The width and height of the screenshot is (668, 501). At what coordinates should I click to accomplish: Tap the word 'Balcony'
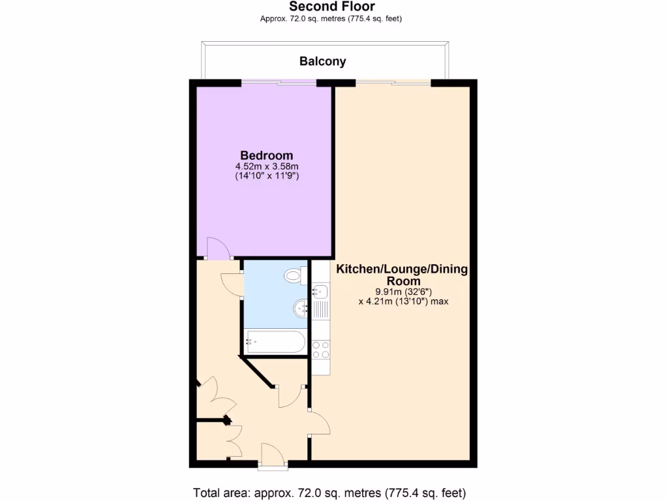(322, 61)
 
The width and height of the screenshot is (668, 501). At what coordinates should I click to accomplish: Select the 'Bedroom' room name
(266, 155)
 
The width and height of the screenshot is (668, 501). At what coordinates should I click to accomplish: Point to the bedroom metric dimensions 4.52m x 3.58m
(266, 166)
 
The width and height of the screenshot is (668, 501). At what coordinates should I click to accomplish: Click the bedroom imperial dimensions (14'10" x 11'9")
(266, 176)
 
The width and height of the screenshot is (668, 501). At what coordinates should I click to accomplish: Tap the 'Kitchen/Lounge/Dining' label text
(401, 269)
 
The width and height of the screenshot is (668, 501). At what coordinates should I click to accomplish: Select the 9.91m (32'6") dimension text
(402, 292)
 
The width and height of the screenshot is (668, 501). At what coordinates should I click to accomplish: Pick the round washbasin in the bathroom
(301, 307)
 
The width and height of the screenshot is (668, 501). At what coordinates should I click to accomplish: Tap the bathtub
(274, 341)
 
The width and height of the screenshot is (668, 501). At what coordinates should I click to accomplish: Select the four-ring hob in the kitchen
(320, 350)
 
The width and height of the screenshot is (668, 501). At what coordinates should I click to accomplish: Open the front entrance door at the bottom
(273, 455)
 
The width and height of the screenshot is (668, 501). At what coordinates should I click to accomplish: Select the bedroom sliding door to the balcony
(279, 82)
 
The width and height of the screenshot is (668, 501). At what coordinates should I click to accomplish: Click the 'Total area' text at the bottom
(329, 493)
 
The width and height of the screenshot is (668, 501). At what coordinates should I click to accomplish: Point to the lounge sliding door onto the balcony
(393, 82)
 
